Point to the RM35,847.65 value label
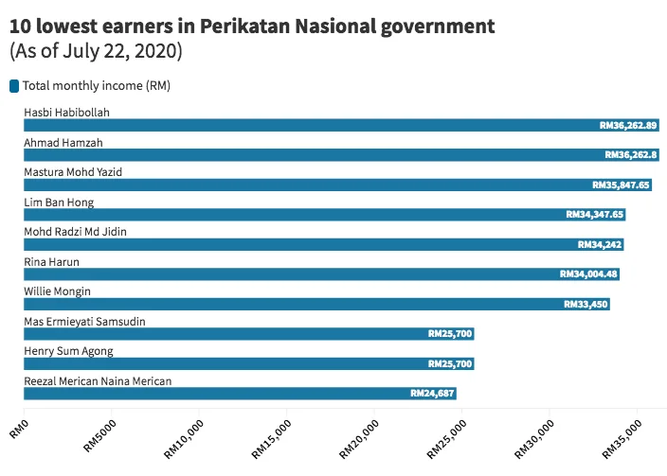pos(621,185)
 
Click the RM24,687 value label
pos(432,394)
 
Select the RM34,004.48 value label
pos(588,274)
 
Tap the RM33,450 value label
pos(586,305)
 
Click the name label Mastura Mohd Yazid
pos(73,172)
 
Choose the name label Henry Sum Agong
pos(68,351)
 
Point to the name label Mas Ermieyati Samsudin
pos(83,322)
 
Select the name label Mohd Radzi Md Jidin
pos(75,232)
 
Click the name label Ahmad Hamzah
pos(63,143)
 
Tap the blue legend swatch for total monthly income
pos(14,86)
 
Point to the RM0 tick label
pos(20,427)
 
